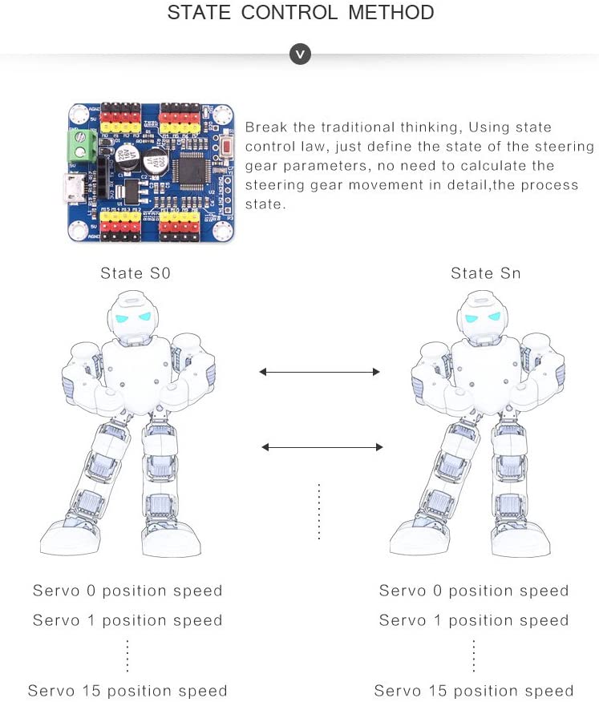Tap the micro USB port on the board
coord(75,190)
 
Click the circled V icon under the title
coord(300,54)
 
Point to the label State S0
coord(136,273)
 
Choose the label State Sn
coord(486,273)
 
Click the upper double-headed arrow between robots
coord(319,371)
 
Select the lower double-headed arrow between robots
coord(323,446)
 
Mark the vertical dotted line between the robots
coord(319,511)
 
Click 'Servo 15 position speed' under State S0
coord(127,691)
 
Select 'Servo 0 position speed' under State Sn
coord(474,591)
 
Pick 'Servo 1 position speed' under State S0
coord(127,620)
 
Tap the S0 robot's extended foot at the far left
coord(66,538)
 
